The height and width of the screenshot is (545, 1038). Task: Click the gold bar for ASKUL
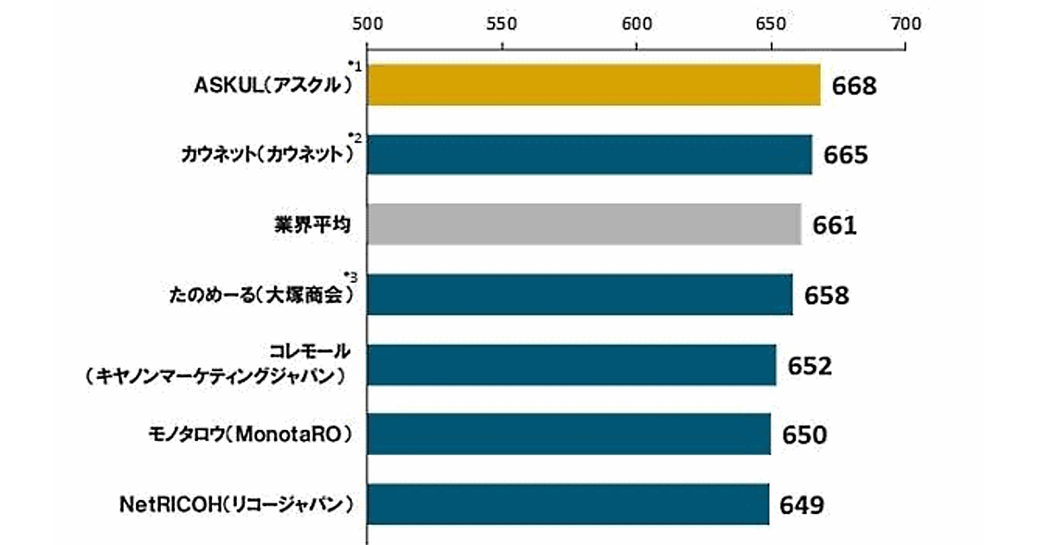click(x=594, y=86)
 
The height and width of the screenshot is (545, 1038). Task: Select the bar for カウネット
click(x=590, y=155)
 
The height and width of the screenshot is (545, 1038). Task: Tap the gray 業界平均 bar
click(x=585, y=225)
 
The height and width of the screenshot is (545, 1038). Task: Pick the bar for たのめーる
click(x=580, y=295)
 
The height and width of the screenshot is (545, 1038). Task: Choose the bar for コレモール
click(x=572, y=364)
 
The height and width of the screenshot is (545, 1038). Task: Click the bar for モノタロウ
click(x=569, y=434)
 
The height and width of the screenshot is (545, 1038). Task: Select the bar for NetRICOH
click(x=568, y=503)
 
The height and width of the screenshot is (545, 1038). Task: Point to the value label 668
click(x=855, y=87)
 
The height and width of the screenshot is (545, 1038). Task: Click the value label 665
click(x=845, y=156)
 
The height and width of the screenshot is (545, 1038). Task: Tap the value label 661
click(x=835, y=226)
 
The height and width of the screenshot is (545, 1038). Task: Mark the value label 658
click(x=827, y=296)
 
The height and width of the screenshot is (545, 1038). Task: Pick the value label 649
click(x=803, y=504)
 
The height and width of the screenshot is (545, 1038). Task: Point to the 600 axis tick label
click(x=637, y=24)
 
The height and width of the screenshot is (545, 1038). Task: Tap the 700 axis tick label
click(x=905, y=24)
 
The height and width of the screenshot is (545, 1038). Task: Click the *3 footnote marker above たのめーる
click(x=351, y=277)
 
